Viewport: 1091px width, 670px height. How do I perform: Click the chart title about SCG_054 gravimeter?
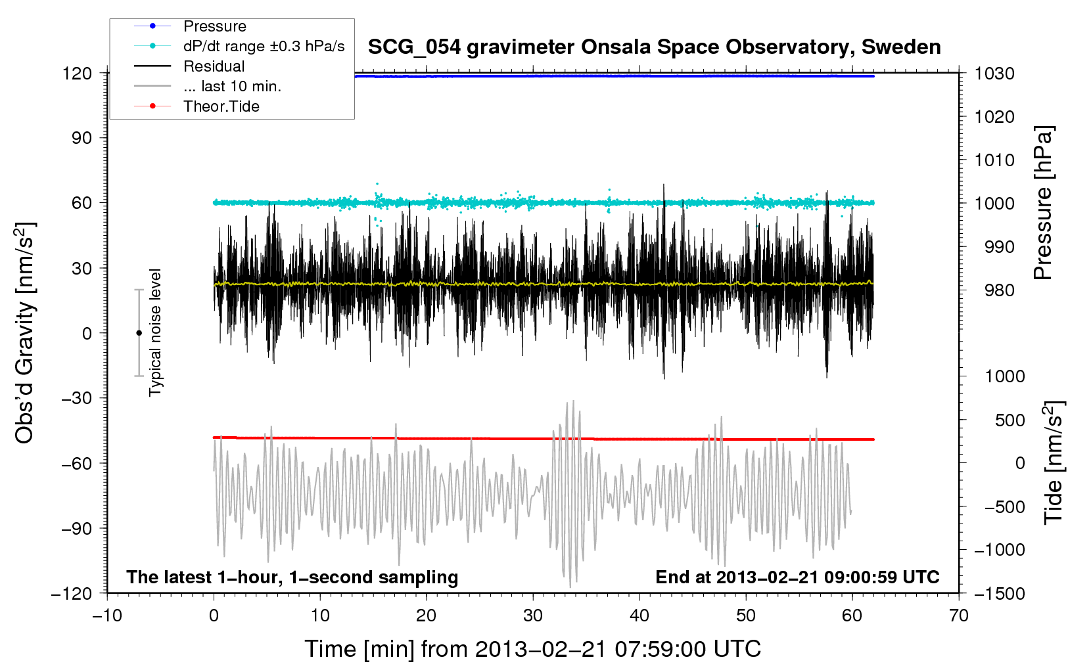pos(654,47)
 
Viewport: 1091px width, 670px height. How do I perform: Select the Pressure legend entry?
pos(214,26)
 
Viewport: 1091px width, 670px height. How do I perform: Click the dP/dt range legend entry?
pos(264,46)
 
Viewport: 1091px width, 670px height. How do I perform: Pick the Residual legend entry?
pos(214,66)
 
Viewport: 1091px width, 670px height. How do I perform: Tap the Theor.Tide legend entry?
pos(221,106)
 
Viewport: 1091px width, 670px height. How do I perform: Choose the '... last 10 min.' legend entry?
pos(232,86)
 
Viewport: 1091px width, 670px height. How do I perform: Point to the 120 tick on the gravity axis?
pos(77,73)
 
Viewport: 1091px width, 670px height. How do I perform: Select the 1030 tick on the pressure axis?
pos(994,74)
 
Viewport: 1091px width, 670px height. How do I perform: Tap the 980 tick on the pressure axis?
pos(999,290)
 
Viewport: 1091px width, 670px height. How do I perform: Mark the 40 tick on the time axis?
pos(639,615)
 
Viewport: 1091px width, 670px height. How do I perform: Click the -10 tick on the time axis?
pos(107,615)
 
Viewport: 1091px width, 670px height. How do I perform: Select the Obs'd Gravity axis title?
pos(25,333)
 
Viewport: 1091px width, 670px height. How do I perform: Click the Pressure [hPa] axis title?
pos(1043,203)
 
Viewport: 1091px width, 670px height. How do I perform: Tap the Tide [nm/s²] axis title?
pos(1054,462)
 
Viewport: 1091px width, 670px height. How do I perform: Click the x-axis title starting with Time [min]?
pos(532,649)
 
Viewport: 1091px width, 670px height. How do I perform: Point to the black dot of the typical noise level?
pos(139,333)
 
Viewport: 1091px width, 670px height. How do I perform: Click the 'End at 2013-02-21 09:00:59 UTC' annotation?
pos(797,577)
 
